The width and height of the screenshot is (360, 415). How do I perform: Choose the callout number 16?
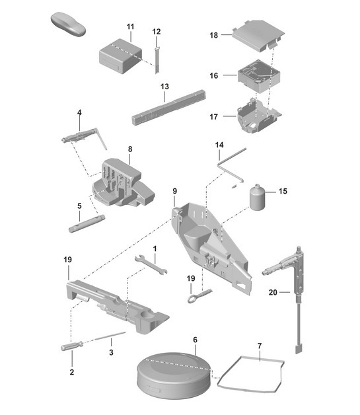click(213, 76)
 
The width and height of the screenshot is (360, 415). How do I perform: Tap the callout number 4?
click(79, 113)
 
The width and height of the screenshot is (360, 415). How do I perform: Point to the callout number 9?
click(174, 191)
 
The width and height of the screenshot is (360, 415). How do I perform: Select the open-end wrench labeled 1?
click(151, 264)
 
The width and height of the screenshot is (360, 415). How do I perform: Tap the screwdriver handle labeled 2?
click(71, 346)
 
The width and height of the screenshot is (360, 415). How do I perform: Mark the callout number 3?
click(111, 353)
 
